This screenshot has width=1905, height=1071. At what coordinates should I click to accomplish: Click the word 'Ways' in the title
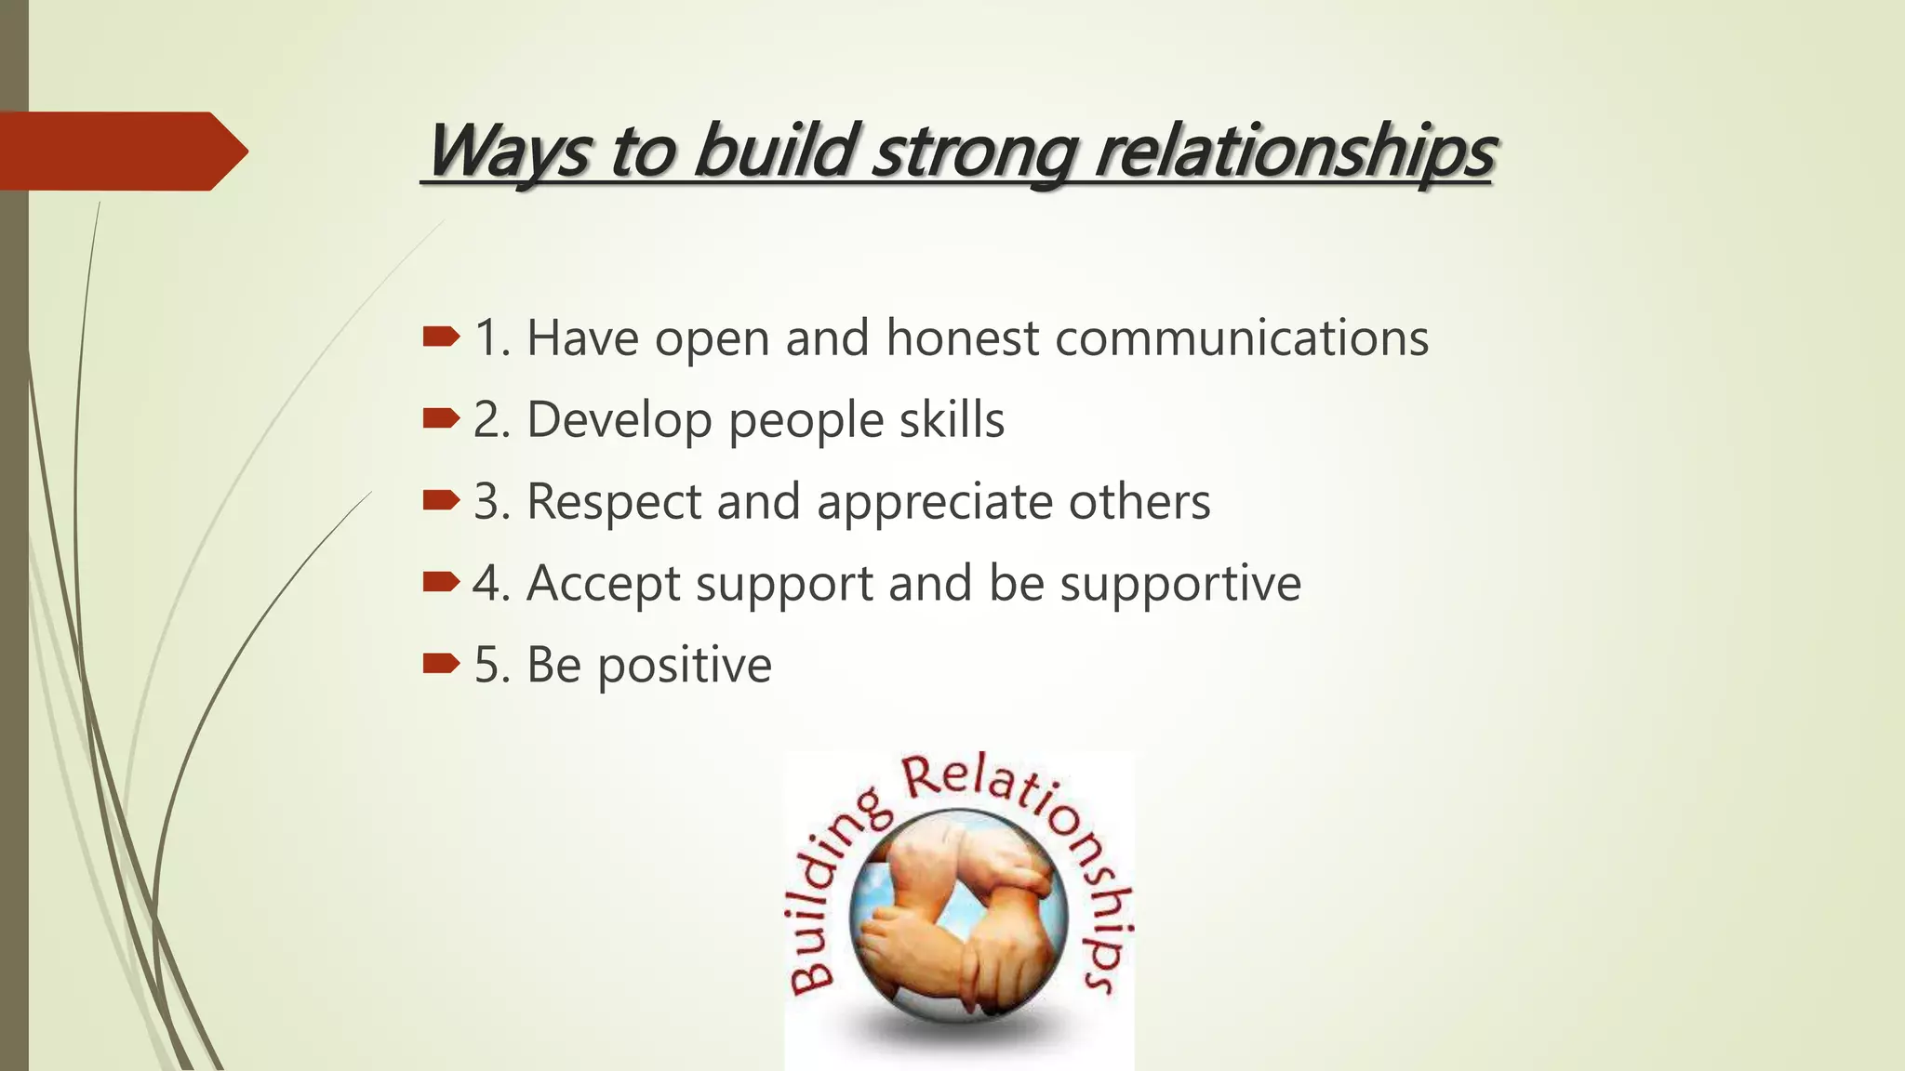point(507,151)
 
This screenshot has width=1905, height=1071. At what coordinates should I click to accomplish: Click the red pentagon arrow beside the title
point(121,152)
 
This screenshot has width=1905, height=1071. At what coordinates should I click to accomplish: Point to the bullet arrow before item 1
point(440,337)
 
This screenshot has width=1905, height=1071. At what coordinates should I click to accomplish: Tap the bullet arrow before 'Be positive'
point(440,664)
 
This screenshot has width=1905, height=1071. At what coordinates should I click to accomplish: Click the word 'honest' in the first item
point(962,337)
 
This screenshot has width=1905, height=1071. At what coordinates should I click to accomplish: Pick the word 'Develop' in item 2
point(619,420)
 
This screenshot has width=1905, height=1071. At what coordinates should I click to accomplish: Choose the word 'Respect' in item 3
point(613,502)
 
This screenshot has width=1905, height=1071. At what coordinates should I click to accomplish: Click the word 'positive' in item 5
point(684,666)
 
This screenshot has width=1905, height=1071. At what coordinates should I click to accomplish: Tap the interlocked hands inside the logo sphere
point(958,916)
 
